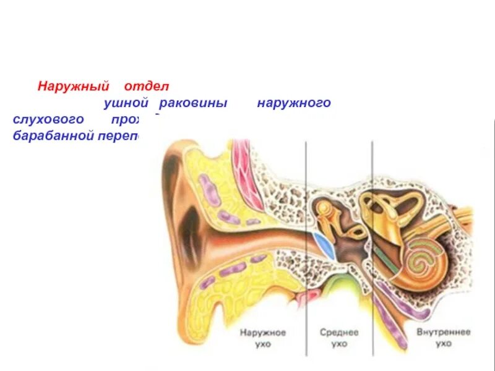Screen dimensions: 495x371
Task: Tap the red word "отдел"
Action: (146, 86)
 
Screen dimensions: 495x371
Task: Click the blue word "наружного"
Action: (294, 103)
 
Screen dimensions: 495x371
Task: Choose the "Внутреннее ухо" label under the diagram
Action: (443, 337)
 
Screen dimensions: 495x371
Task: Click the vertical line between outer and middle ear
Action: (306, 247)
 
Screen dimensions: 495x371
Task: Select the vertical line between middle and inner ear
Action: (372, 247)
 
